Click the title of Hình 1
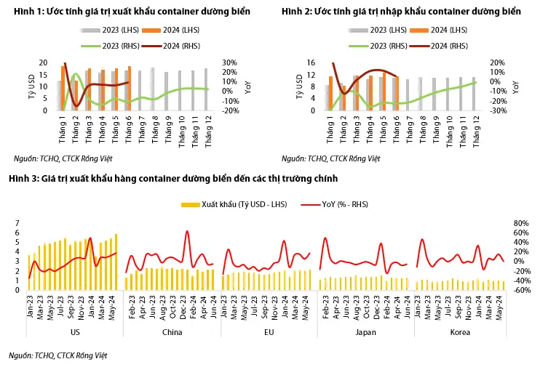132,12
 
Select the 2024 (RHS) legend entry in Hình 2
443,46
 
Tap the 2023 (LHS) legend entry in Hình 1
110,31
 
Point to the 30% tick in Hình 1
229,62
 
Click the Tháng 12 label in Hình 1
208,132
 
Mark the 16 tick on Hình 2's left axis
311,62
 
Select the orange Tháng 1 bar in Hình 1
63,88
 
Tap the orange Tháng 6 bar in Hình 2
397,93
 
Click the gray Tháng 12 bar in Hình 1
206,89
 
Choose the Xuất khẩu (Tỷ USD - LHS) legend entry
234,205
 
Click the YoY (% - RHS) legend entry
334,205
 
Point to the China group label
172,332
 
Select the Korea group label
460,332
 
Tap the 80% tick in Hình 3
521,224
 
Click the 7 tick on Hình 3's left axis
17,224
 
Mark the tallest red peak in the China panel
187,231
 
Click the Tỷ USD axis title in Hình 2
299,86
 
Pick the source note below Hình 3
58,355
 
